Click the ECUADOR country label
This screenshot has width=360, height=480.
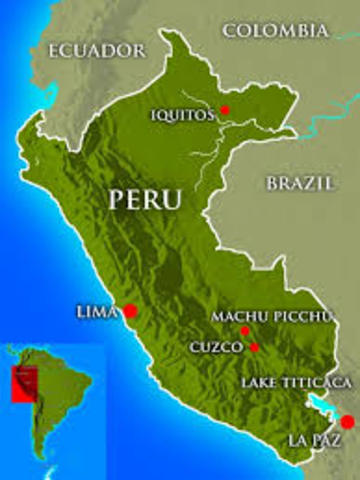tap(96, 49)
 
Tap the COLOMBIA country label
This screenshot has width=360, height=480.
tap(275, 31)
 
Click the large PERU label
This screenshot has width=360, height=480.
tap(145, 198)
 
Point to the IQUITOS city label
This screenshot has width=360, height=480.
tap(182, 114)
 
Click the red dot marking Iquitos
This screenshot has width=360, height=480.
tap(225, 109)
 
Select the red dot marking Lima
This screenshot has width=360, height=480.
tap(130, 311)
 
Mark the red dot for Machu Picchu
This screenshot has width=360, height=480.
tap(245, 330)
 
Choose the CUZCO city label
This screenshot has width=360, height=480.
tap(216, 347)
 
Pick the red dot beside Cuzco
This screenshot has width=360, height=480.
tap(255, 347)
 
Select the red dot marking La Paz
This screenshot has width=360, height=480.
tap(347, 422)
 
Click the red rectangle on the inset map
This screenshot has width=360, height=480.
tap(24, 383)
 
